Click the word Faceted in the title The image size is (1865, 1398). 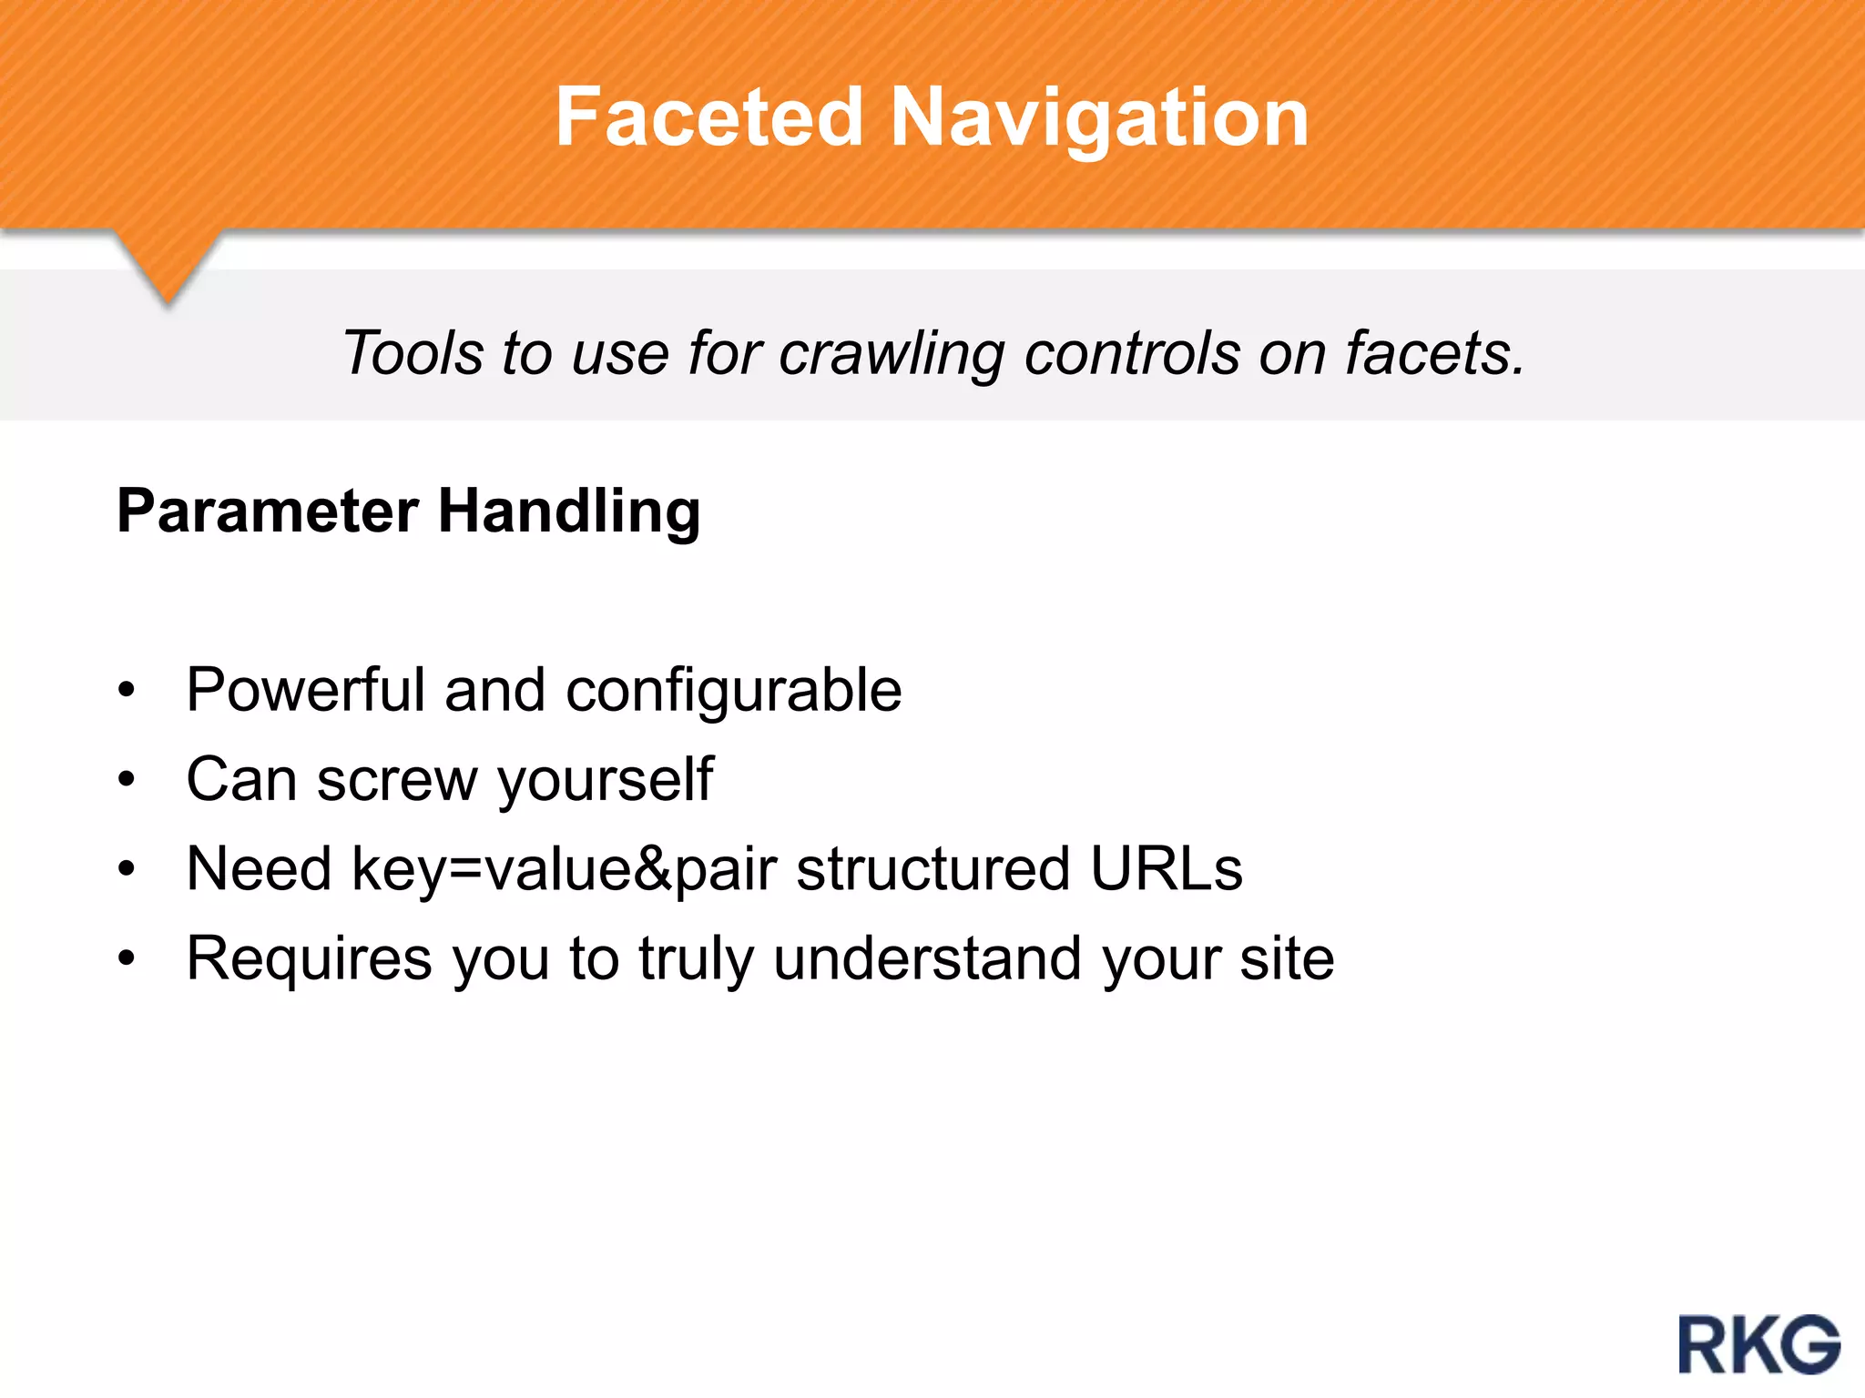708,117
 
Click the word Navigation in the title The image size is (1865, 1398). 1099,119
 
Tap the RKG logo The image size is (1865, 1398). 1758,1343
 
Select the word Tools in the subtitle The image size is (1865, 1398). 412,353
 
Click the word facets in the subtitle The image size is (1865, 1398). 1434,353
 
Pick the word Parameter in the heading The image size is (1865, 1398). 268,511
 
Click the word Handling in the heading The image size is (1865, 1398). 569,512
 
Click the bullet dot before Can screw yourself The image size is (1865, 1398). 127,780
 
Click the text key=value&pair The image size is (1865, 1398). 565,870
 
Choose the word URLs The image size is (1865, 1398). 1166,868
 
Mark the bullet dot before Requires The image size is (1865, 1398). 127,958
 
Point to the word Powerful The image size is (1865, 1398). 306,690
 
